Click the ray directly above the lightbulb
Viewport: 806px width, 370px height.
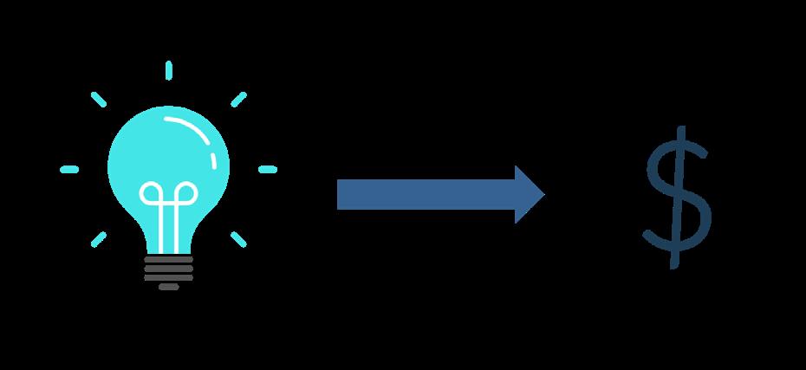[168, 70]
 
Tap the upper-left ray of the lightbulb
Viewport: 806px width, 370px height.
[99, 99]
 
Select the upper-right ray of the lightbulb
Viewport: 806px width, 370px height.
[238, 99]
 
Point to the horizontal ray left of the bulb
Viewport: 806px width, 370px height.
[69, 169]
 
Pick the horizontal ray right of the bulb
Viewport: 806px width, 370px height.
[268, 169]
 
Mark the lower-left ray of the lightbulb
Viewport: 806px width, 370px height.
[99, 238]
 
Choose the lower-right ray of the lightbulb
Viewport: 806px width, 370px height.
[238, 238]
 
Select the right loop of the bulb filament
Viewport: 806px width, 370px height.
[185, 192]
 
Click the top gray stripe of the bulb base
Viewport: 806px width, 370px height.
[168, 258]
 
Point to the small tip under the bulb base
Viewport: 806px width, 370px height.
[169, 287]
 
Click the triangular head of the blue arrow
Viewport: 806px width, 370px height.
[529, 194]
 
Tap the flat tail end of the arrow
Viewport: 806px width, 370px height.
[340, 194]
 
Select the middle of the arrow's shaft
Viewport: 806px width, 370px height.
[425, 194]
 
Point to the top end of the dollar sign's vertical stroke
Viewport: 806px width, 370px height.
[682, 130]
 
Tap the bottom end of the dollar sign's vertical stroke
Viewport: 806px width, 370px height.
[673, 263]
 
